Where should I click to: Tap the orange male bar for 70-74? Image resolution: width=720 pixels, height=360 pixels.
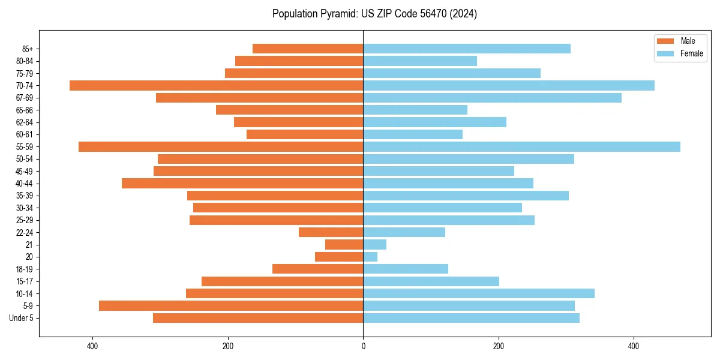coord(216,85)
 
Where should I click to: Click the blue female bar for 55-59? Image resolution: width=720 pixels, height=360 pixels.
coord(521,146)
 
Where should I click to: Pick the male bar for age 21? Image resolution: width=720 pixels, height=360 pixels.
coord(344,244)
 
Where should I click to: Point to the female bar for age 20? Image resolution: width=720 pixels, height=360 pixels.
coord(370,257)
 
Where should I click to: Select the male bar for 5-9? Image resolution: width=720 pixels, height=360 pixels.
coord(231,305)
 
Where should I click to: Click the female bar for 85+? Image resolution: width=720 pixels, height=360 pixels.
coord(467,49)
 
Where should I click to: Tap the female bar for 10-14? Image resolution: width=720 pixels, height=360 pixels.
coord(479,293)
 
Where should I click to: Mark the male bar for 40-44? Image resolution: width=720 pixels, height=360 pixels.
coord(242,183)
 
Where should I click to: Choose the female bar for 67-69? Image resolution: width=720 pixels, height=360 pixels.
coord(492,98)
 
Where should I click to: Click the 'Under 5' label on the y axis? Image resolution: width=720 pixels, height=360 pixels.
coord(22,318)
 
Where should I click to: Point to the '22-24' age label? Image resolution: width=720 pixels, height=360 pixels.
coord(25,232)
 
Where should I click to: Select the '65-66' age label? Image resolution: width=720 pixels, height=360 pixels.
coord(25,110)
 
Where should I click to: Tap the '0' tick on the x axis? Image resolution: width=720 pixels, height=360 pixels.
coord(363,346)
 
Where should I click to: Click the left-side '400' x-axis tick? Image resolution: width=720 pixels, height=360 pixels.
coord(92,346)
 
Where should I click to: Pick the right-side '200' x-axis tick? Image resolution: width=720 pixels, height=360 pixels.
coord(498,346)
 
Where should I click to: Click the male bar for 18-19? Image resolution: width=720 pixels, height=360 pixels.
coord(317,269)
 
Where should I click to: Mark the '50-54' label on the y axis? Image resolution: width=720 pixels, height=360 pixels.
coord(25,159)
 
